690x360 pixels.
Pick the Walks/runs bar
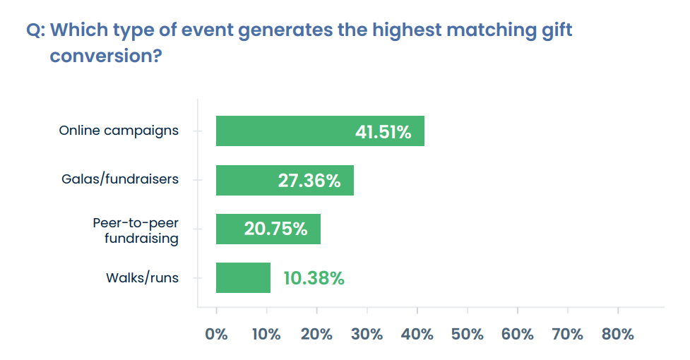243,277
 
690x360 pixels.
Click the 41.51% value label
383,132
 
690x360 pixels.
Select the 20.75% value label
275,229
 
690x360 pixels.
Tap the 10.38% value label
314,278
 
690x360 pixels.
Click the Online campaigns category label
119,131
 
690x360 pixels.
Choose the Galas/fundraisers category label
120,179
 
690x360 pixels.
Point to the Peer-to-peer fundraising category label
136,230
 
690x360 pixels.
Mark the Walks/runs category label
142,277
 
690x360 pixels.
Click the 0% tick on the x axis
216,334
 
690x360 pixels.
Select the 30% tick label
367,334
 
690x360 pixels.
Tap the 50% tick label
467,334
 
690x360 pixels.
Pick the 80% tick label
618,334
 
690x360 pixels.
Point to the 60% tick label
518,334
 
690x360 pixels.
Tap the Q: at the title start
36,30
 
